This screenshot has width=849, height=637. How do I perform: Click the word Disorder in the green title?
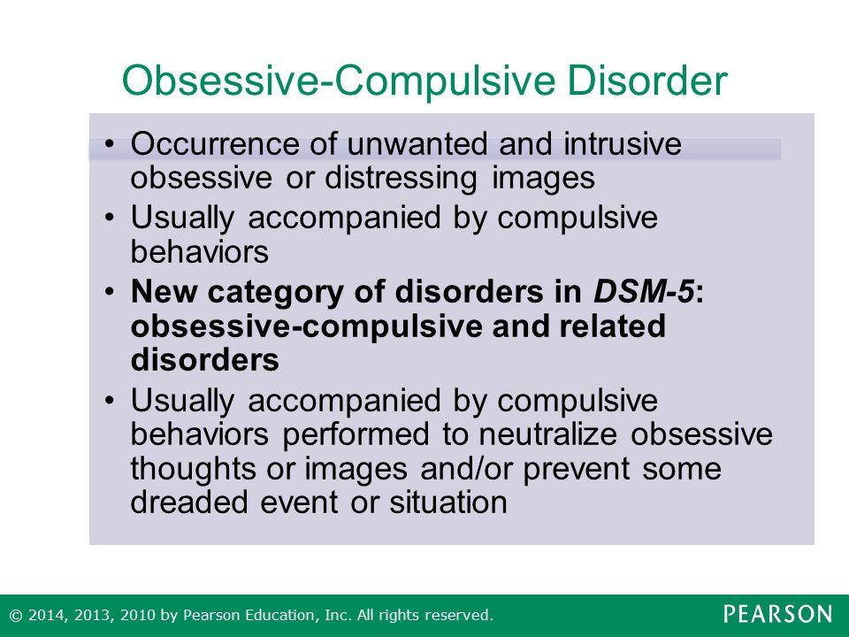[647, 81]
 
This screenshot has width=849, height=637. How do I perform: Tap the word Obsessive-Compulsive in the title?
[339, 81]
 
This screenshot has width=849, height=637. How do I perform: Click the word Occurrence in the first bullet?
[216, 144]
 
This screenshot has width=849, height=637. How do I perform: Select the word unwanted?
[417, 144]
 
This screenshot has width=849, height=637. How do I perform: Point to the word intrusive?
[623, 144]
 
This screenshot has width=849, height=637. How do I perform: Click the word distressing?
[401, 179]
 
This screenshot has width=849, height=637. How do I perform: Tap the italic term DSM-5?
[644, 291]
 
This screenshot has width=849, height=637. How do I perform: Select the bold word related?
[612, 326]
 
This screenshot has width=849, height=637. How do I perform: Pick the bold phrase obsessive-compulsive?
[307, 327]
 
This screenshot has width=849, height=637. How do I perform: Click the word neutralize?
[548, 434]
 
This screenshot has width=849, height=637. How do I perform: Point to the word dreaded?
[189, 503]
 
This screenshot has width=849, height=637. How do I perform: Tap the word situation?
[448, 503]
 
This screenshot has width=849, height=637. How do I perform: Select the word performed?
[356, 435]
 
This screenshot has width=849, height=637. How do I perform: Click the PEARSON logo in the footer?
[777, 614]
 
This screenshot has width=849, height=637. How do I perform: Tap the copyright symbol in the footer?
[16, 616]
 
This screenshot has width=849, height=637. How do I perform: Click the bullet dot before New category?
[110, 292]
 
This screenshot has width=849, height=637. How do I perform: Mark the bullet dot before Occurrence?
[110, 144]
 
